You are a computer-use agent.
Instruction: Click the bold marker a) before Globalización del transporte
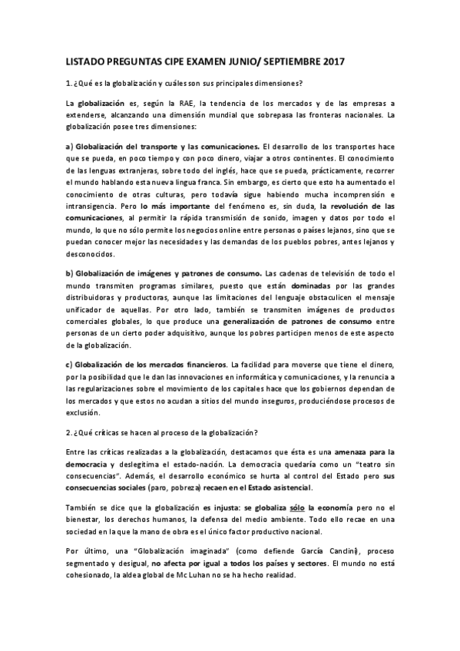click(69, 146)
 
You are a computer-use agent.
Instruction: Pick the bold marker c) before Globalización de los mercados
click(69, 363)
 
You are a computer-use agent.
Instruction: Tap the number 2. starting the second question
click(68, 431)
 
